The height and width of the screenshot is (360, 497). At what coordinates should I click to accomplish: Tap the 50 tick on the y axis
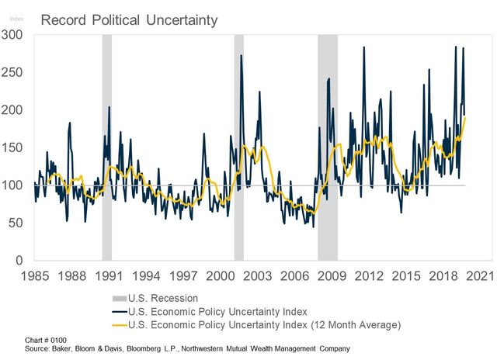coord(17,223)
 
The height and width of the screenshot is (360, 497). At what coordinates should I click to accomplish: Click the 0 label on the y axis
coord(21,260)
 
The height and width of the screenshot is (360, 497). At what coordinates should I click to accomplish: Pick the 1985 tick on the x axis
coord(34,275)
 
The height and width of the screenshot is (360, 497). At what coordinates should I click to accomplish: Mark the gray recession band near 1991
coord(106,147)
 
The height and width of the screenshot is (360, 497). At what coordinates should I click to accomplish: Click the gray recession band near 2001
coord(238,147)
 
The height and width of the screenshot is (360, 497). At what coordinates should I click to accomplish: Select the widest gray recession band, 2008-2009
coord(327,147)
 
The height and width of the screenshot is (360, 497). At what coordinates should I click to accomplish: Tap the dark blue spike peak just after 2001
coord(241,55)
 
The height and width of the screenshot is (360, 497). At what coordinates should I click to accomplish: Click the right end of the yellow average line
coord(465,117)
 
